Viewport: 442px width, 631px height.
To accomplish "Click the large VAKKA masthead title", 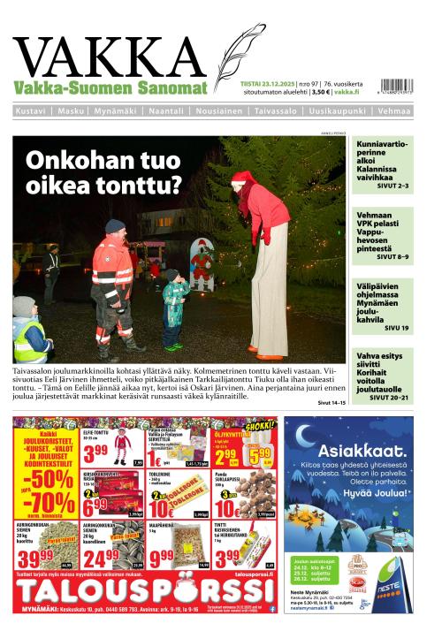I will [110, 56].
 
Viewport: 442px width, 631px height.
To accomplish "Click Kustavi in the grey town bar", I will [32, 111].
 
